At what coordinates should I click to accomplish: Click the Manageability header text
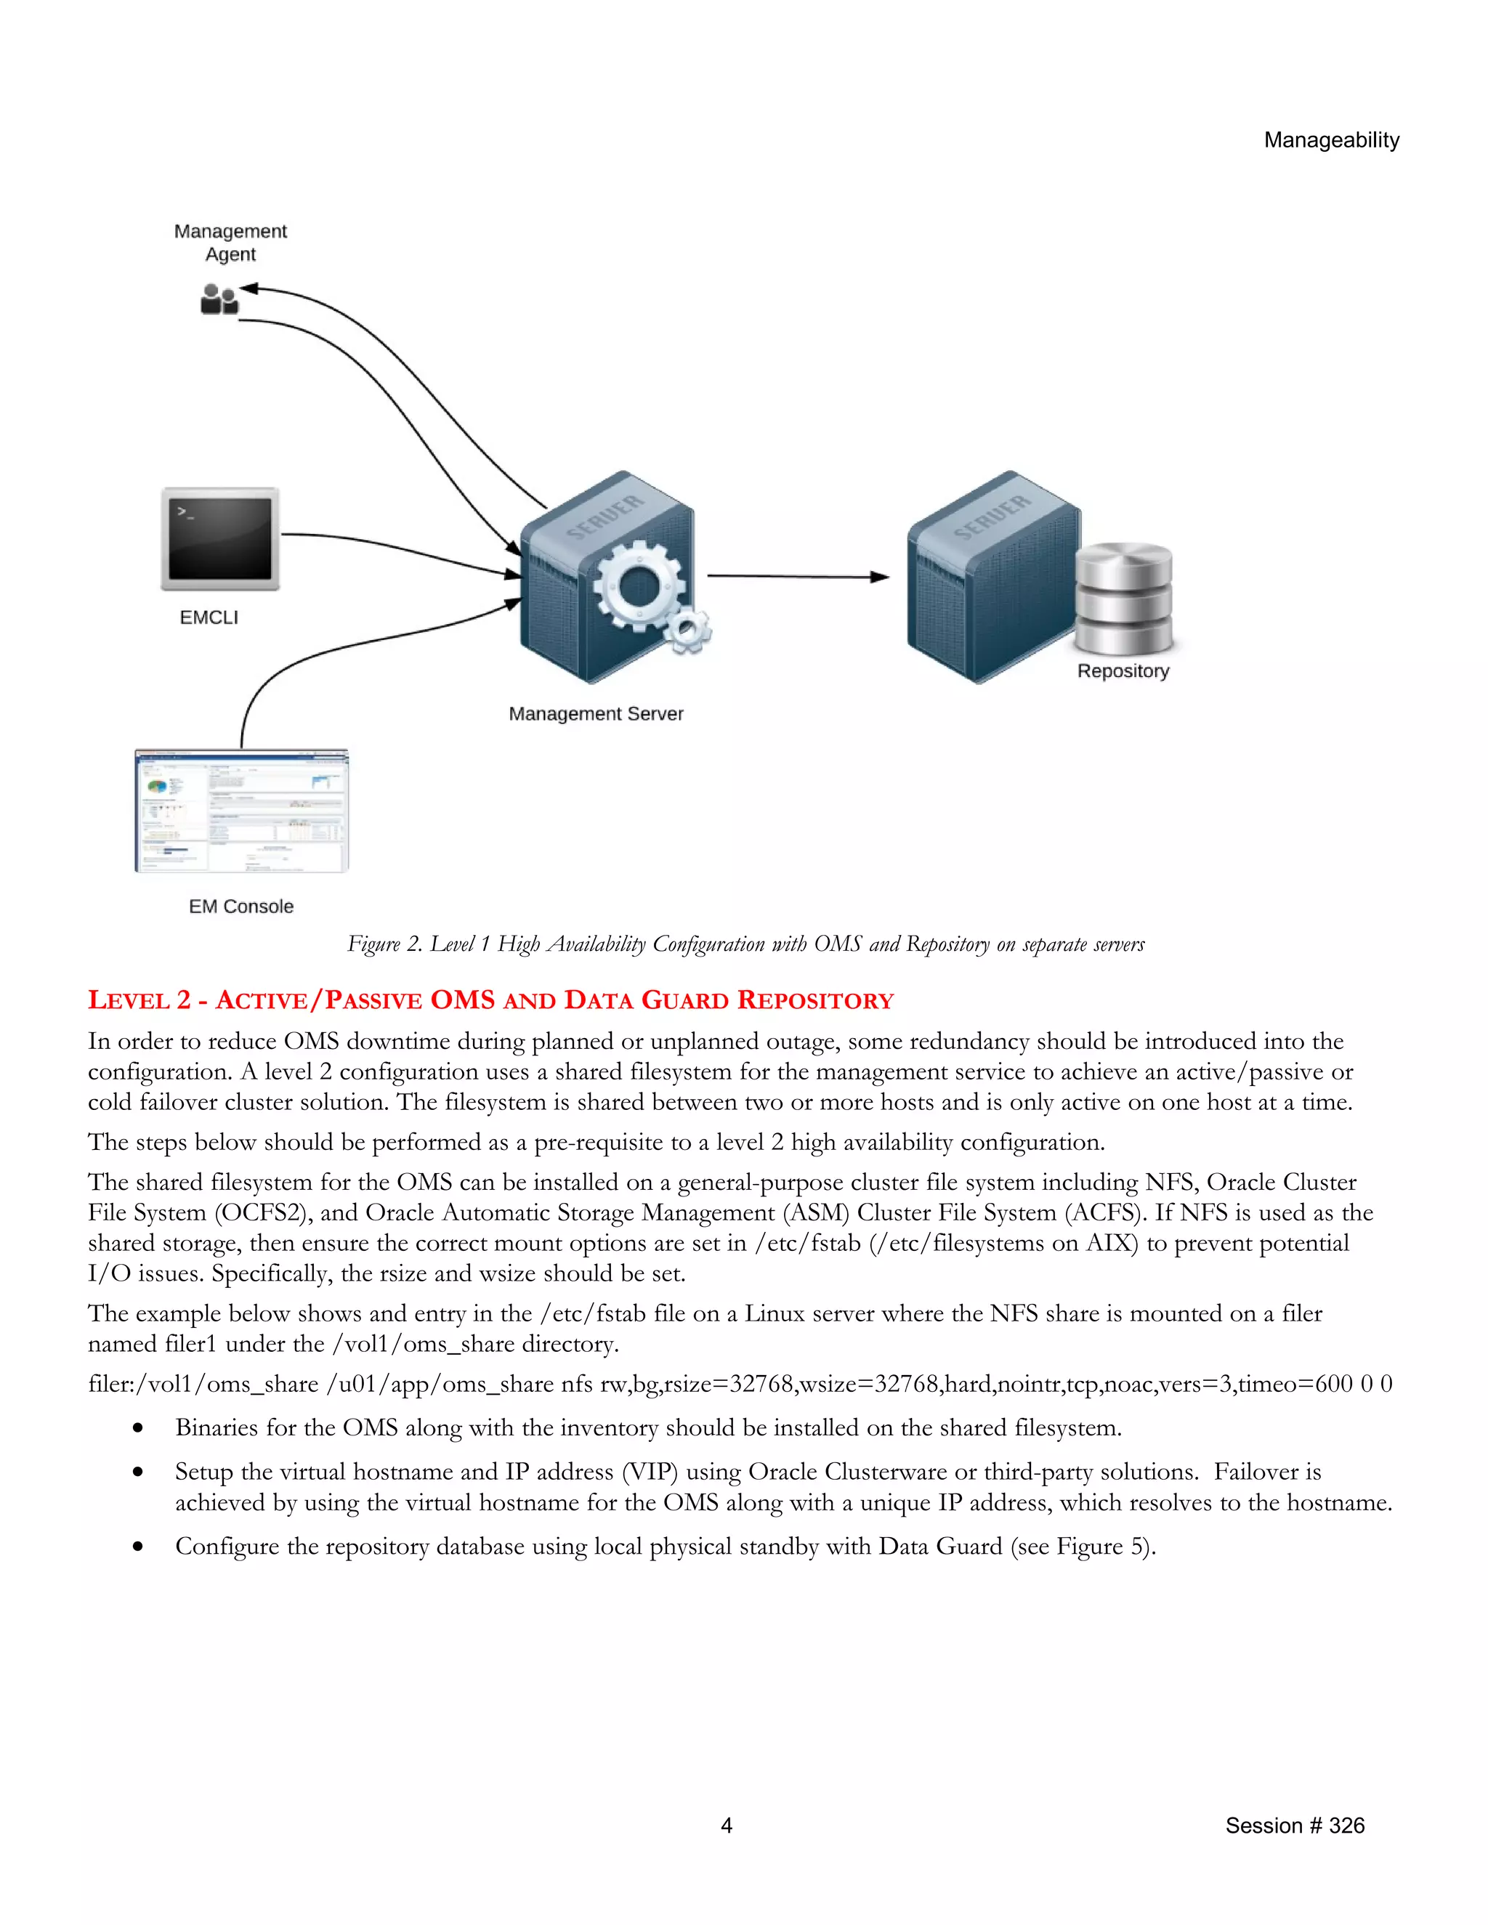[1331, 140]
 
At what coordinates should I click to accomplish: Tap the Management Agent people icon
[219, 300]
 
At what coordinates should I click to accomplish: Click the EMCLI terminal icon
[220, 538]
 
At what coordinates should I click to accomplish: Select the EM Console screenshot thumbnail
[241, 811]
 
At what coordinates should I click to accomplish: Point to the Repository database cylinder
[1123, 599]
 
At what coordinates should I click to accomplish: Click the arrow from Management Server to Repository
[798, 577]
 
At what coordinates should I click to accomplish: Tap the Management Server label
[596, 714]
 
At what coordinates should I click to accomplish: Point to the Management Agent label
[230, 243]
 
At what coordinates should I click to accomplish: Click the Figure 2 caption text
[745, 944]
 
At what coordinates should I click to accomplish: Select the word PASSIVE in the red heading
[373, 1000]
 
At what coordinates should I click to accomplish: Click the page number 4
[727, 1825]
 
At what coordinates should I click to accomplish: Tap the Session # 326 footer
[1294, 1825]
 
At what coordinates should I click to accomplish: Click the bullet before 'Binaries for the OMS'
[137, 1428]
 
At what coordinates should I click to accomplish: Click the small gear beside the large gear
[687, 631]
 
